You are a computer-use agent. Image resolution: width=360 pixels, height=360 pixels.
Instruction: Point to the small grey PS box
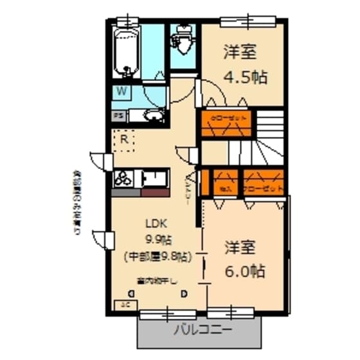(118, 116)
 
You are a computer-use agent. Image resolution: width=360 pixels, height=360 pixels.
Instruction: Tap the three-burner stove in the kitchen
(125, 177)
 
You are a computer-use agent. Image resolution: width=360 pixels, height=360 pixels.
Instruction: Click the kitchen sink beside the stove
(154, 177)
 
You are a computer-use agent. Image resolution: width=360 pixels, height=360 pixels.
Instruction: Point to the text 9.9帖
(157, 240)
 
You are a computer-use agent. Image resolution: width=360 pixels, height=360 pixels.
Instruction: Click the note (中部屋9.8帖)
(156, 256)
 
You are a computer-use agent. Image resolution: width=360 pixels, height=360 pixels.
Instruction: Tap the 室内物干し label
(156, 280)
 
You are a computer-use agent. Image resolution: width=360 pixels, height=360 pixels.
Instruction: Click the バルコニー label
(203, 331)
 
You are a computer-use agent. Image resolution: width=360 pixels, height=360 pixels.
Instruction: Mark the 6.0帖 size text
(244, 271)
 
